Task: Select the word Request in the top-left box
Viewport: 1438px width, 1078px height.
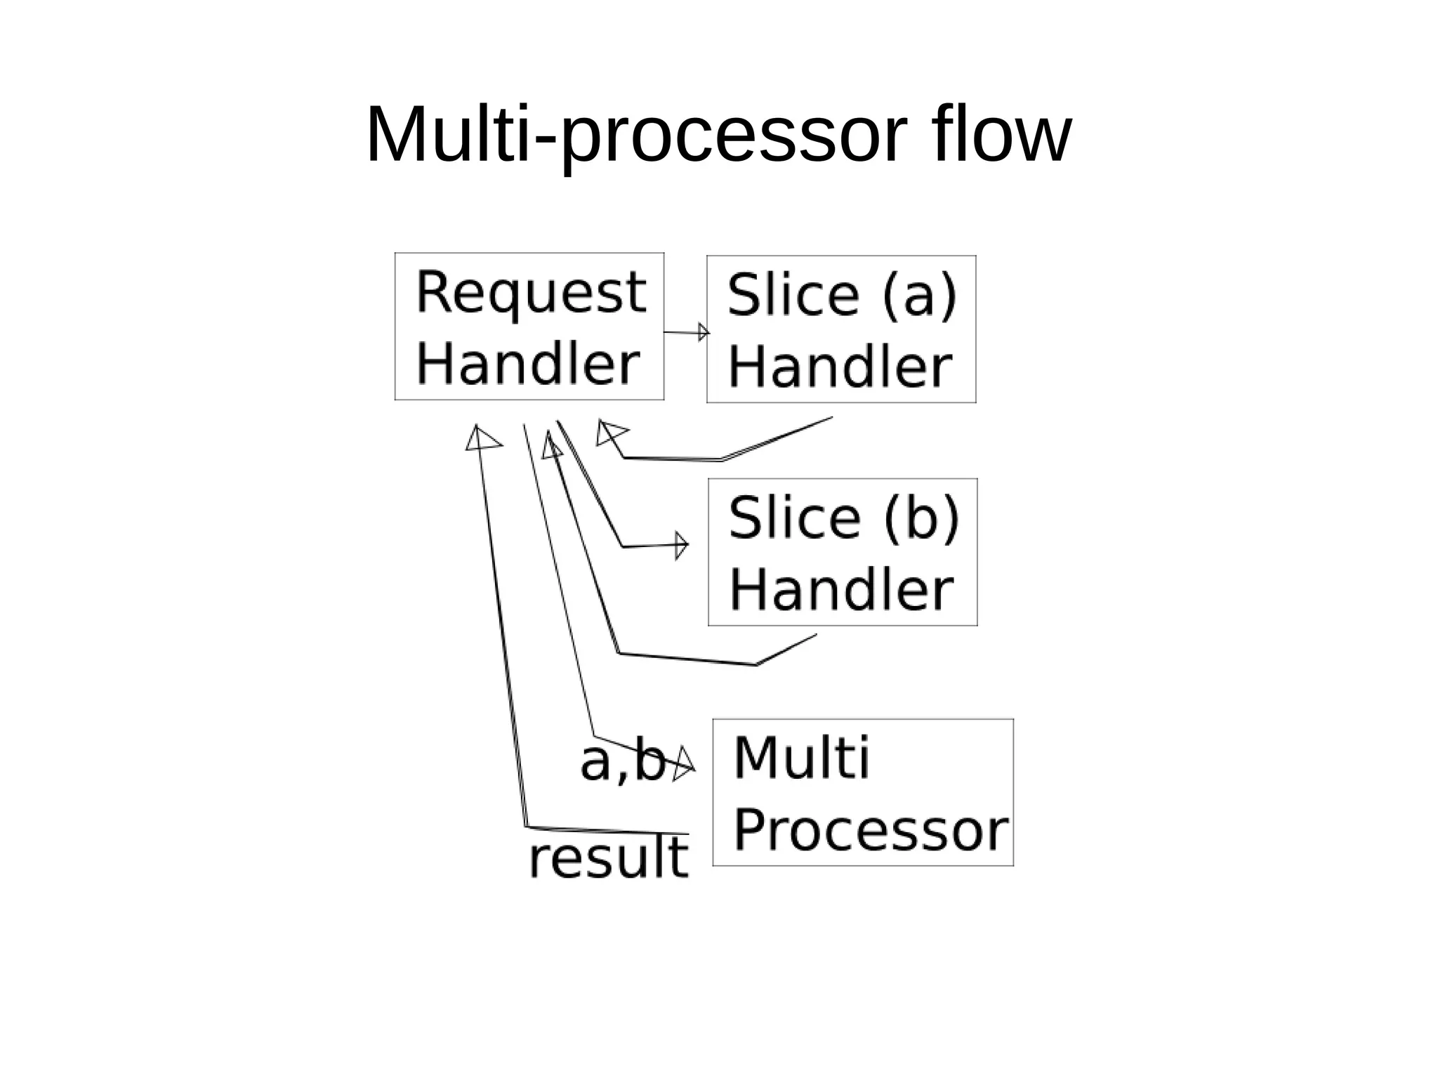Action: tap(530, 293)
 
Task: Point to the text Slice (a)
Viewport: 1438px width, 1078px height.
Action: tap(841, 295)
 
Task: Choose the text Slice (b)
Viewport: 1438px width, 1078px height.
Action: tap(843, 518)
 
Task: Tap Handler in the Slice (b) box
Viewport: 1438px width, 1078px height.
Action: tap(840, 590)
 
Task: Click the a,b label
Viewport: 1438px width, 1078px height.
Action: tap(622, 761)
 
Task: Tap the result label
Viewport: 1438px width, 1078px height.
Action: tap(608, 858)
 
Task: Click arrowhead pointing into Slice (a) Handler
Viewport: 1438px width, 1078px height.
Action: tap(704, 332)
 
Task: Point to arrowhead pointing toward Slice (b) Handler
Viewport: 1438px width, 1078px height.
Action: tap(681, 546)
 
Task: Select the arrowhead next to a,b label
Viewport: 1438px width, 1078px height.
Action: tap(684, 765)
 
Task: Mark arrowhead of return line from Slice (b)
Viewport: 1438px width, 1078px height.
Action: tap(552, 446)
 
